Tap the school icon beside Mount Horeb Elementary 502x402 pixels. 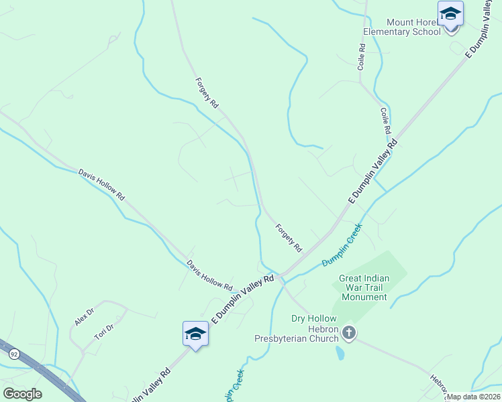[450, 14]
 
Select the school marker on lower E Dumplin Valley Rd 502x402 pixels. [195, 334]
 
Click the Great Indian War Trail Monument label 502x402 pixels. [364, 287]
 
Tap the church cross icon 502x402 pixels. [348, 332]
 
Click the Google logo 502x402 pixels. [22, 394]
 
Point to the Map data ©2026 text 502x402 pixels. [473, 397]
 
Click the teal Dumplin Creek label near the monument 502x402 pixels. [342, 245]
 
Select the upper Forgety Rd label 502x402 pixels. [207, 93]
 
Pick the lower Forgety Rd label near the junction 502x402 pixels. [289, 238]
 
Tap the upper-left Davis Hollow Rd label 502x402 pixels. [101, 184]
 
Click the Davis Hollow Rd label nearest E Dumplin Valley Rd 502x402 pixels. [209, 275]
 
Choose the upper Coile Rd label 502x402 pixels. [361, 57]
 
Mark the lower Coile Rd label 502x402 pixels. [385, 121]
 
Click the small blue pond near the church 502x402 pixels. [340, 352]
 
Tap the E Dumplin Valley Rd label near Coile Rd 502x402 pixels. [372, 172]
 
